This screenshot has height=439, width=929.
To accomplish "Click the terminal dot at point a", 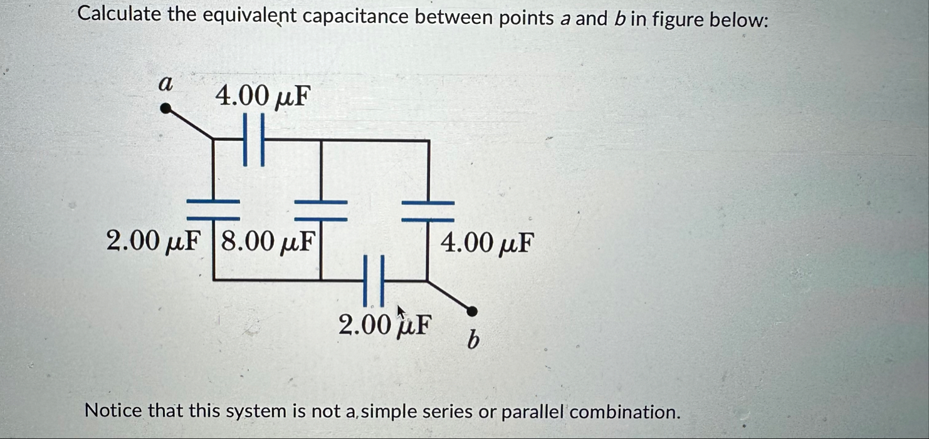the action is click(165, 109).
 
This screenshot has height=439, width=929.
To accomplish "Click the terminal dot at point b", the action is click(473, 311).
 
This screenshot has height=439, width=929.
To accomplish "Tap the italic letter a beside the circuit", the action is click(165, 83).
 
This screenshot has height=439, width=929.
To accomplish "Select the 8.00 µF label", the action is click(266, 241).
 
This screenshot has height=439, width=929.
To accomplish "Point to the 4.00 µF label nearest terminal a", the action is click(263, 96).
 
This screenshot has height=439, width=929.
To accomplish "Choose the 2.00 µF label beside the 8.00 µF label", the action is click(155, 241).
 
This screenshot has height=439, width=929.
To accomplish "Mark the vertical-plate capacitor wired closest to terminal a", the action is click(254, 140).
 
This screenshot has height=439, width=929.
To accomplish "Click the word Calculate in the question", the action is click(120, 15).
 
